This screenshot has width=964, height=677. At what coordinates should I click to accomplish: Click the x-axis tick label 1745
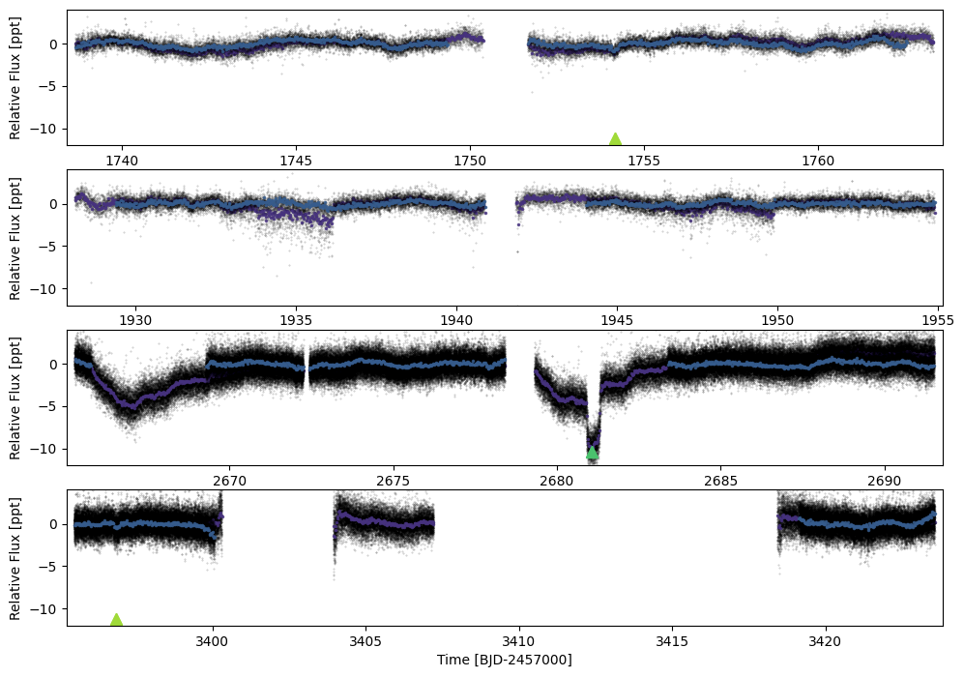pyautogui.click(x=296, y=162)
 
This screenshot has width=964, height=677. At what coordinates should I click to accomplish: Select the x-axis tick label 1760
pyautogui.click(x=818, y=162)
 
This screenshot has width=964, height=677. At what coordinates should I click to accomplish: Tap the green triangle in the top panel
pyautogui.click(x=615, y=139)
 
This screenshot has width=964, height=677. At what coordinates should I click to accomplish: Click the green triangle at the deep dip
pyautogui.click(x=592, y=454)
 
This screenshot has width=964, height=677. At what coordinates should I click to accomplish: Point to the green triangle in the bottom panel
pyautogui.click(x=116, y=619)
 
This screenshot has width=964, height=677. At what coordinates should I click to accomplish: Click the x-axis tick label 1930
pyautogui.click(x=135, y=321)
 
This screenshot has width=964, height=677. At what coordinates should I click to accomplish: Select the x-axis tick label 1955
pyautogui.click(x=938, y=321)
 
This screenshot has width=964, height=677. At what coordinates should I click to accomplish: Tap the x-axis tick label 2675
pyautogui.click(x=393, y=481)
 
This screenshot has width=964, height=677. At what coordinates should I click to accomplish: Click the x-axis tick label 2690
pyautogui.click(x=884, y=481)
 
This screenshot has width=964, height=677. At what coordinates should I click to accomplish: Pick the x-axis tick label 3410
pyautogui.click(x=519, y=641)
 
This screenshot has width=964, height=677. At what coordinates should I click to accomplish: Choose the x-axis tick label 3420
pyautogui.click(x=825, y=641)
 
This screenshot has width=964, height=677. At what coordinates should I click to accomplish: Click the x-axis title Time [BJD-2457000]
pyautogui.click(x=504, y=661)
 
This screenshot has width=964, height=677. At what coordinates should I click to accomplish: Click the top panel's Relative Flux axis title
pyautogui.click(x=15, y=78)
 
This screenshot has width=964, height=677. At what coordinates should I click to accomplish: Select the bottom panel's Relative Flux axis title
pyautogui.click(x=15, y=558)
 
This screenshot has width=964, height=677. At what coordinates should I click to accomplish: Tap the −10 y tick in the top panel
pyautogui.click(x=49, y=130)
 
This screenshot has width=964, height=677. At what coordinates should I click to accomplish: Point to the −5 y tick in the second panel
pyautogui.click(x=53, y=248)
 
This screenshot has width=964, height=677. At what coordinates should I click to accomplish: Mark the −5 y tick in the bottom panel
pyautogui.click(x=53, y=567)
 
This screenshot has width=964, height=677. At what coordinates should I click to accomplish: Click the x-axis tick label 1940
pyautogui.click(x=456, y=321)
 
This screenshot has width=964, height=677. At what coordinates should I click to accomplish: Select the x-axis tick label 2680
pyautogui.click(x=556, y=481)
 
